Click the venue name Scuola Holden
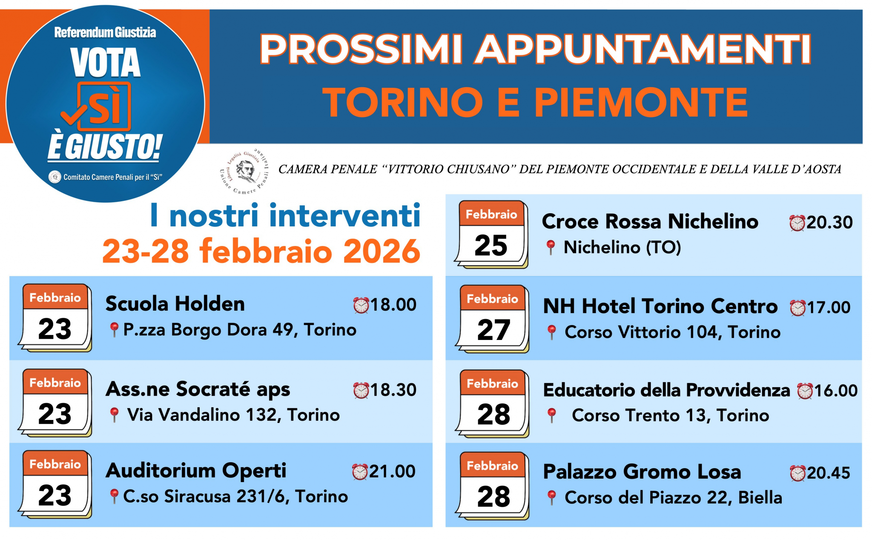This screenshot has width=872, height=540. (x=175, y=304)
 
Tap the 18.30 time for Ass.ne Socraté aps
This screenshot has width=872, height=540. (x=393, y=390)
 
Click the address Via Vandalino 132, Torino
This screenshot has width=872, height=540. (x=233, y=415)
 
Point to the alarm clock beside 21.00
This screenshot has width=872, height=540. (x=360, y=472)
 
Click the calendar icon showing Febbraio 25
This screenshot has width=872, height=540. (x=492, y=234)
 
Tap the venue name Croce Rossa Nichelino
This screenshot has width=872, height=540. (x=650, y=222)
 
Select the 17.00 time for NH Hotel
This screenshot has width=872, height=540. (x=828, y=307)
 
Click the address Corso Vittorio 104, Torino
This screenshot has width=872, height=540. (x=672, y=332)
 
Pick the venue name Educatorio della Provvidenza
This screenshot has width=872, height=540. (x=666, y=390)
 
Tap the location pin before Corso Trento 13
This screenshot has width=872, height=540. (x=551, y=415)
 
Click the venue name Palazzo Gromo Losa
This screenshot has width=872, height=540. (x=642, y=472)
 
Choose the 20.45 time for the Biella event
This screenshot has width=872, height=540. (x=828, y=473)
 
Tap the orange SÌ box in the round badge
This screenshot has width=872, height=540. (x=104, y=107)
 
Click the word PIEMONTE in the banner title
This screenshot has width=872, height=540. (x=641, y=103)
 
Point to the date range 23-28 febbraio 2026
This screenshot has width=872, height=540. (x=261, y=251)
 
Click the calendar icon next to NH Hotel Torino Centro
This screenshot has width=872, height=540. (x=493, y=319)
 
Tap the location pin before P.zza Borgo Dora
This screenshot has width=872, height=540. (x=114, y=329)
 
